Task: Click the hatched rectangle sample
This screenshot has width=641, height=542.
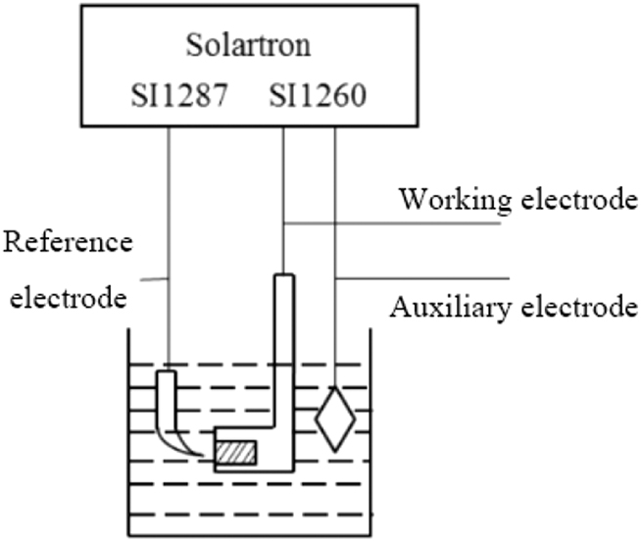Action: (235, 453)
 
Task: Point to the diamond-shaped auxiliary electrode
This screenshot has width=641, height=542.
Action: (335, 419)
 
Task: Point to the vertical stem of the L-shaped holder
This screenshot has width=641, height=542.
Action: (283, 353)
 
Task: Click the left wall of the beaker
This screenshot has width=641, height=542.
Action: (128, 431)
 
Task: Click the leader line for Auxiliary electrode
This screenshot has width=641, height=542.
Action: (421, 277)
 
